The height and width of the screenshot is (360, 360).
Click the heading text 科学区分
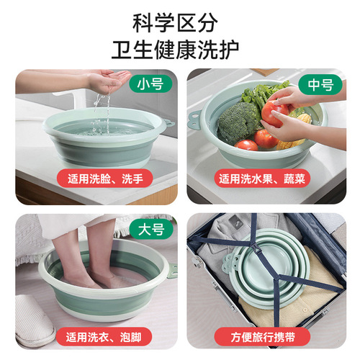(180, 22)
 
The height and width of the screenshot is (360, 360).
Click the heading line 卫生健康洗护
(180, 50)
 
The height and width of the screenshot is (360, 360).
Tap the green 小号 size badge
(150, 84)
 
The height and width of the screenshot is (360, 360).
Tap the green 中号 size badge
(319, 84)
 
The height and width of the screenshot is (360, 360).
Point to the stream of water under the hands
(104, 108)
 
